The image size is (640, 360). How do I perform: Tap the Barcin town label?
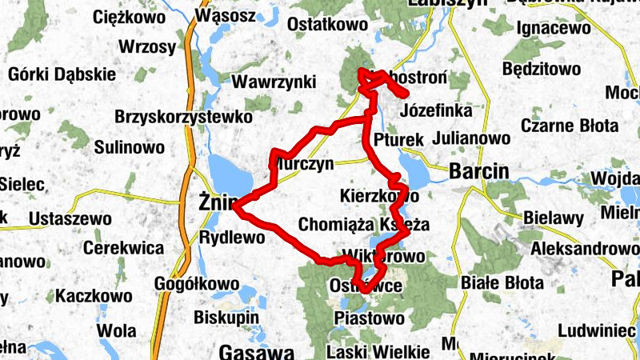(479, 170)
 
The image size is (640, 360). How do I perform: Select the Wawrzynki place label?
(274, 82)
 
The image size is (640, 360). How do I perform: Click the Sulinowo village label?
(130, 148)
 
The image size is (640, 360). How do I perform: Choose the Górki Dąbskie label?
(62, 74)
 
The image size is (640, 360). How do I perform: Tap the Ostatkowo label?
(326, 25)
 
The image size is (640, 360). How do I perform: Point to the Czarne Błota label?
(570, 126)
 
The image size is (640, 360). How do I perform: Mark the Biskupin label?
(227, 318)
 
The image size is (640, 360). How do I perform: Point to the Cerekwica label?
(123, 248)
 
